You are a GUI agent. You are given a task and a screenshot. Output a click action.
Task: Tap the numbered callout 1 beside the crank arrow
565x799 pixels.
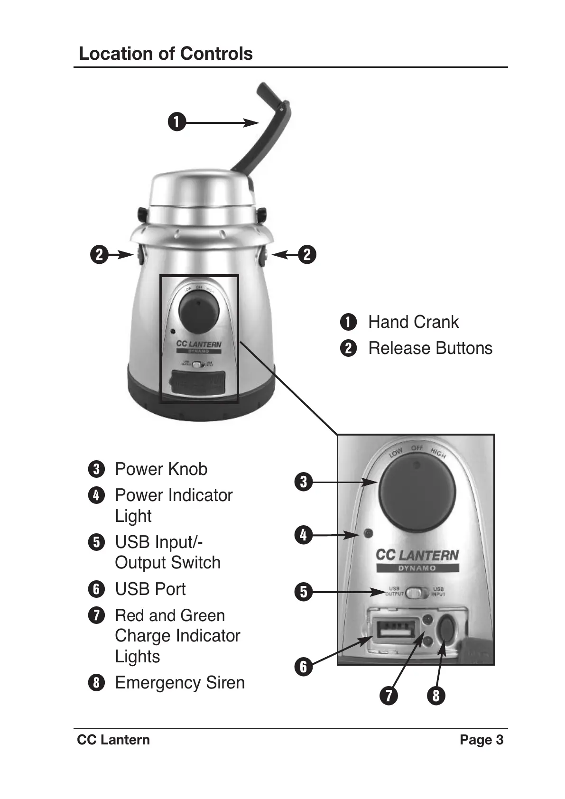pos(176,122)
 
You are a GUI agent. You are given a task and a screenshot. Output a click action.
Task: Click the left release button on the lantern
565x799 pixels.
pos(139,255)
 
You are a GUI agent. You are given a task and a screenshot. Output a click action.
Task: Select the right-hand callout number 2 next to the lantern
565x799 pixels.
pos(307,255)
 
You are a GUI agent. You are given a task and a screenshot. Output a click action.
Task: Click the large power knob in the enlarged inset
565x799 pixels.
pos(417,492)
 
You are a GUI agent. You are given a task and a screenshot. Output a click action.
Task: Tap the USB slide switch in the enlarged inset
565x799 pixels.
pos(417,593)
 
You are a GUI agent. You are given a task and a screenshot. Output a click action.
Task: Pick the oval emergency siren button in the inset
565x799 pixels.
pos(446,631)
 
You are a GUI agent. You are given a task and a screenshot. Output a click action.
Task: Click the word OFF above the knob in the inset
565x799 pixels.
pos(417,448)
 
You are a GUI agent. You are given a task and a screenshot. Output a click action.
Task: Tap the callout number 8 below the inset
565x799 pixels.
pos(436,696)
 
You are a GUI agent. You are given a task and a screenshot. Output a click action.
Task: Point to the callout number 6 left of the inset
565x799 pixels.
pos(303,667)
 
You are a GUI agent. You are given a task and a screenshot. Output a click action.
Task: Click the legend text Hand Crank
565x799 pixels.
pos(413,322)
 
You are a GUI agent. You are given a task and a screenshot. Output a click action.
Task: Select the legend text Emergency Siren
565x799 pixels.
pos(180,683)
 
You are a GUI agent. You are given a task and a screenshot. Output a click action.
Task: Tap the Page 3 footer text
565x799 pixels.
pos(482,740)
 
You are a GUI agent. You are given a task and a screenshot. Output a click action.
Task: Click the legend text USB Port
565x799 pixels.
pos(150,589)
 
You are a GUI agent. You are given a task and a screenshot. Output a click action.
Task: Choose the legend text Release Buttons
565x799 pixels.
pos(430,348)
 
